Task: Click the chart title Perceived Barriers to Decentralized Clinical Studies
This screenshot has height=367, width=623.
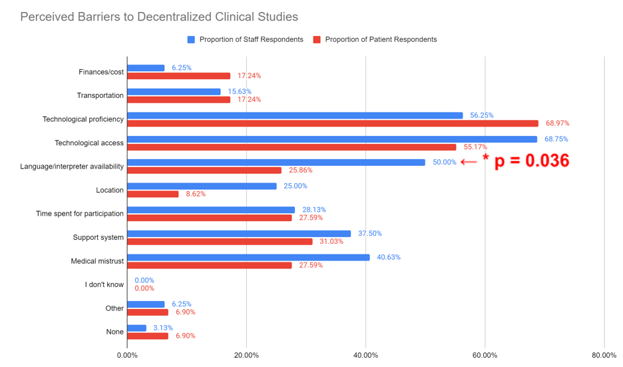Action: pyautogui.click(x=159, y=17)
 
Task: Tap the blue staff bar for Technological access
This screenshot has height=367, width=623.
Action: pyautogui.click(x=331, y=139)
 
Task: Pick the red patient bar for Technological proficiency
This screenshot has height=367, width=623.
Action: pyautogui.click(x=332, y=123)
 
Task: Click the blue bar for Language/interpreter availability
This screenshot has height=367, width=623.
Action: pyautogui.click(x=276, y=163)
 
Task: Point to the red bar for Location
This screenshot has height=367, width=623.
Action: pyautogui.click(x=152, y=194)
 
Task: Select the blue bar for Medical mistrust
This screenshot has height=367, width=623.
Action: pyautogui.click(x=248, y=257)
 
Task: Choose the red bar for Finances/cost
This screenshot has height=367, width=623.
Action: pyautogui.click(x=178, y=76)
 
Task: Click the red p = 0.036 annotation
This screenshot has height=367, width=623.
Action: pyautogui.click(x=525, y=161)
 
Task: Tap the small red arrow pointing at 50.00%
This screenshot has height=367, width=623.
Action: pyautogui.click(x=469, y=162)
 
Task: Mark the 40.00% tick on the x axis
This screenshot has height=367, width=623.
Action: pyautogui.click(x=365, y=355)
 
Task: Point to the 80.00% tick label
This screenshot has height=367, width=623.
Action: pyautogui.click(x=604, y=355)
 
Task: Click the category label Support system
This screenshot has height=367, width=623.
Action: pyautogui.click(x=98, y=237)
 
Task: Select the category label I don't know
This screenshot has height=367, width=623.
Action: pyautogui.click(x=104, y=284)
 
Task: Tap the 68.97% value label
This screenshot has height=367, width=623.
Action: pyautogui.click(x=557, y=123)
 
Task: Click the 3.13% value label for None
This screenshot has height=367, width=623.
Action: pyautogui.click(x=164, y=328)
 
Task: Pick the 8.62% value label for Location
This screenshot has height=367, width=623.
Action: pyautogui.click(x=196, y=194)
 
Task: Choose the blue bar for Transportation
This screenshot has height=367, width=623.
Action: pyautogui.click(x=173, y=92)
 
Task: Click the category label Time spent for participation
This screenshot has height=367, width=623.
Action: pyautogui.click(x=79, y=214)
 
